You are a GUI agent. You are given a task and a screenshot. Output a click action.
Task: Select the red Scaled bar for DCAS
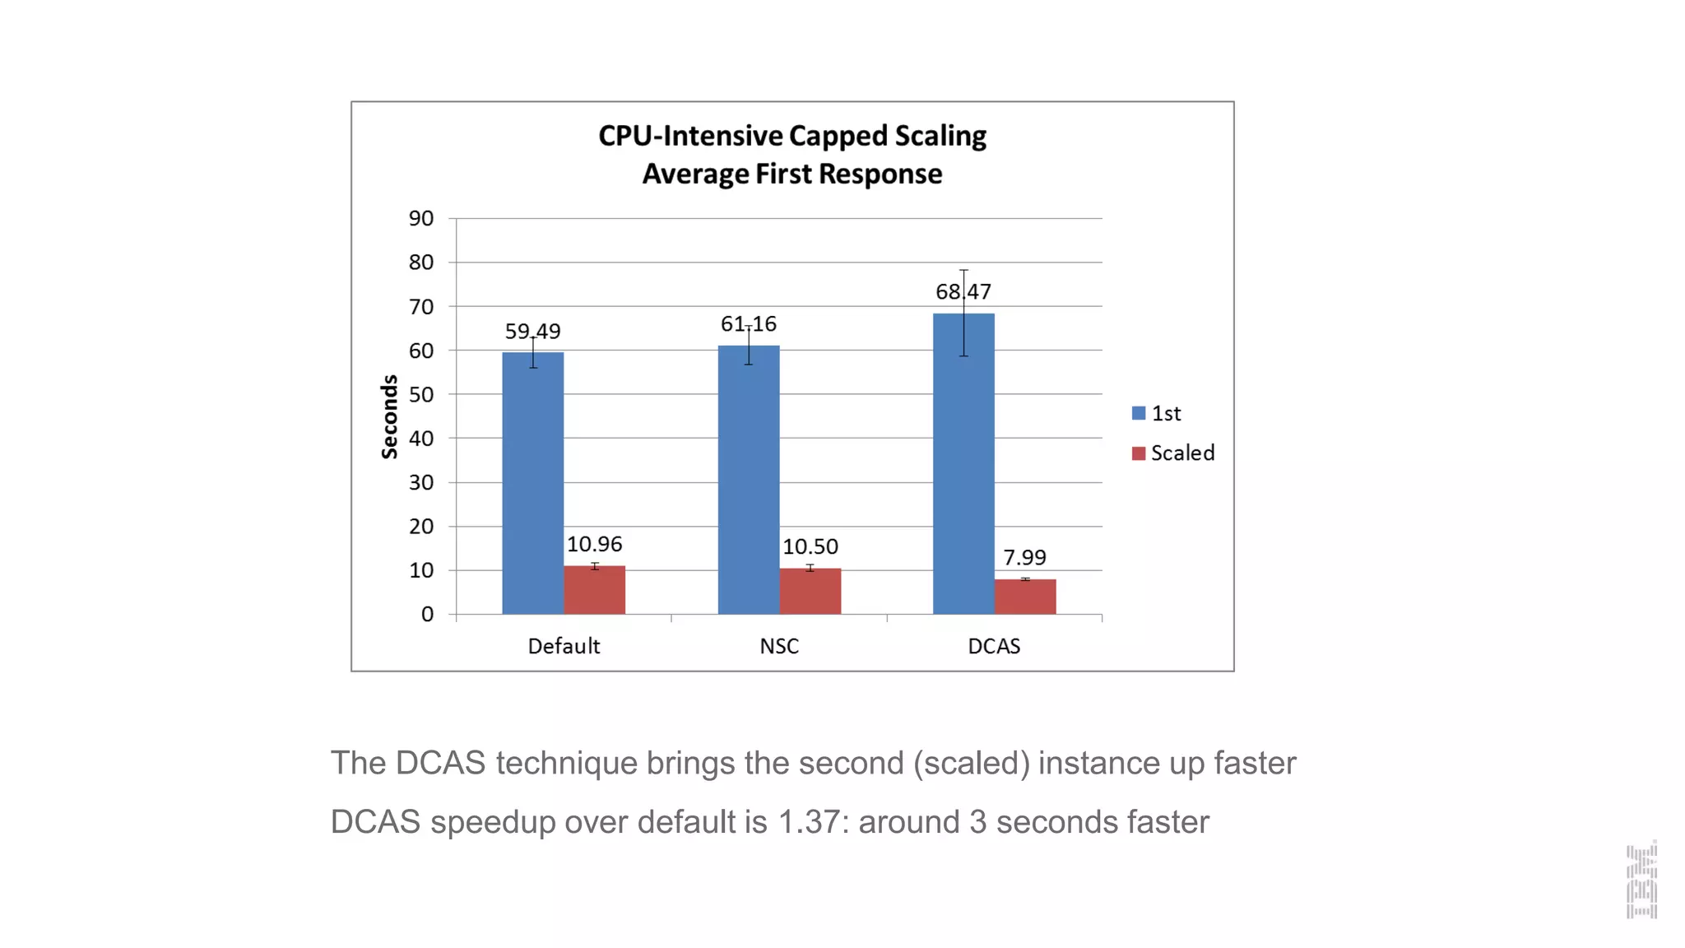point(1025,597)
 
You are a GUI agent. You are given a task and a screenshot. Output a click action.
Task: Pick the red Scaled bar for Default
point(594,590)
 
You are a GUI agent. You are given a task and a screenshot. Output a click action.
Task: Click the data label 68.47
point(963,291)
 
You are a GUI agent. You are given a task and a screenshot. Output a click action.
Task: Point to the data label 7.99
point(1024,557)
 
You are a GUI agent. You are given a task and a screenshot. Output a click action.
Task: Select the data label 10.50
point(810,546)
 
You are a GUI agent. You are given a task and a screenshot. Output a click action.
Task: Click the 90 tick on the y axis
point(420,218)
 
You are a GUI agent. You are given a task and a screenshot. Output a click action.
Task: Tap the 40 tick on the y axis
point(420,438)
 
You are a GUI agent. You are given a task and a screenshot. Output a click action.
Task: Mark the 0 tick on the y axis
point(426,614)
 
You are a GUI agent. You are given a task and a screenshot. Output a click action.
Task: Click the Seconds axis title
point(389,416)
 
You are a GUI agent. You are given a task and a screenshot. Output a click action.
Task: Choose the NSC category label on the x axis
point(778,646)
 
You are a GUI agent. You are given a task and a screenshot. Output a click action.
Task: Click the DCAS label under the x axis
point(993,646)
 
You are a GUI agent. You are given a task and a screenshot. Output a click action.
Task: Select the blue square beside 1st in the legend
point(1138,413)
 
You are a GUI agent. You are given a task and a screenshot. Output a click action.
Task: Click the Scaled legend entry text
point(1181,453)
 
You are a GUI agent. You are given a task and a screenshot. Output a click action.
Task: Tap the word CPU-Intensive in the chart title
point(690,136)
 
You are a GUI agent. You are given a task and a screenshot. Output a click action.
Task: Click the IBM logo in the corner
point(1641,880)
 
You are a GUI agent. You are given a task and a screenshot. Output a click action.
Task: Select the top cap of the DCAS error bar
point(963,270)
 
